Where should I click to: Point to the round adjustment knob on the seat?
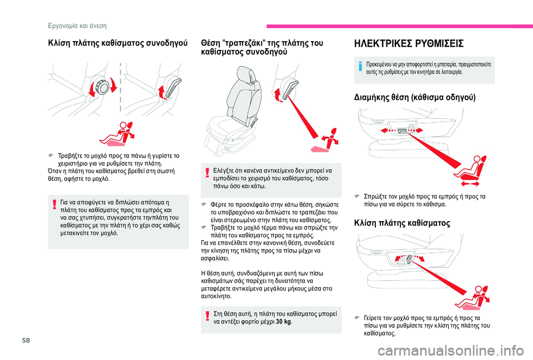103,87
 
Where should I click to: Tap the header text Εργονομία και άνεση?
76,26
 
